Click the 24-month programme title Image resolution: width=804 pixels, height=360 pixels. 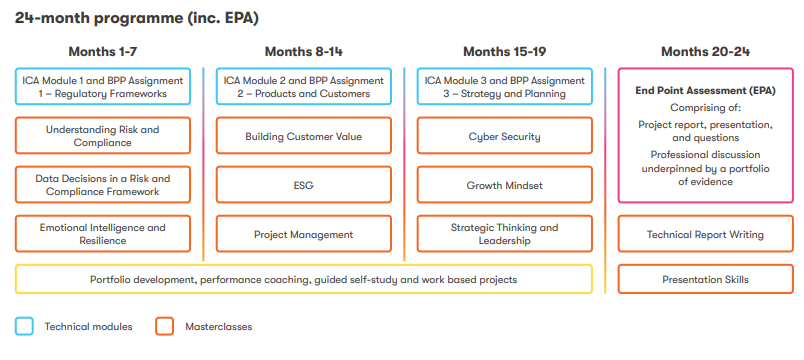[x=136, y=18]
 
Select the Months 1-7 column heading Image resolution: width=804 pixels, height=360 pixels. [x=103, y=52]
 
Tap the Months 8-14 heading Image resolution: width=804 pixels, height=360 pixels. [x=304, y=52]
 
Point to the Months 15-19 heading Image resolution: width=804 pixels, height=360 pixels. [x=505, y=52]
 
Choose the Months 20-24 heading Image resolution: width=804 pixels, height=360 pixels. [x=706, y=52]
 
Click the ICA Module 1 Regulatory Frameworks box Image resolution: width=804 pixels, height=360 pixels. [x=103, y=87]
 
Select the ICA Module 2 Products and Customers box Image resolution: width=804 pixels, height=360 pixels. [x=304, y=87]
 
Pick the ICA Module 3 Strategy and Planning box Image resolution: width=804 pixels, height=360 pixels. [x=505, y=87]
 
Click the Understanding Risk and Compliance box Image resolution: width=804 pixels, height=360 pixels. [x=103, y=135]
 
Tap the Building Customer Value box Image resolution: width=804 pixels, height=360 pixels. [x=304, y=135]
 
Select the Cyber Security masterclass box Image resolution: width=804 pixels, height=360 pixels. [x=505, y=135]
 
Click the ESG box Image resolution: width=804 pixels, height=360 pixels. [x=304, y=185]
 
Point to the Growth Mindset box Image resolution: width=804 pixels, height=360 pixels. [x=505, y=185]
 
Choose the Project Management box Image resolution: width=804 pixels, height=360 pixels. [x=304, y=234]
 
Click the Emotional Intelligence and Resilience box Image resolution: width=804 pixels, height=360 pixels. [x=103, y=234]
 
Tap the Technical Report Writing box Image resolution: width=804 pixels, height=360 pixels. [x=706, y=234]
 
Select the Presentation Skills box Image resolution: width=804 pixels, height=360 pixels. [x=706, y=279]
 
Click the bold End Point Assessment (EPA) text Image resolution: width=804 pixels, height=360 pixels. [x=706, y=91]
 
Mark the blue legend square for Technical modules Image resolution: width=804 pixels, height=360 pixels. [x=24, y=326]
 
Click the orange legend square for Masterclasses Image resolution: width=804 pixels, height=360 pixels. [x=164, y=326]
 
